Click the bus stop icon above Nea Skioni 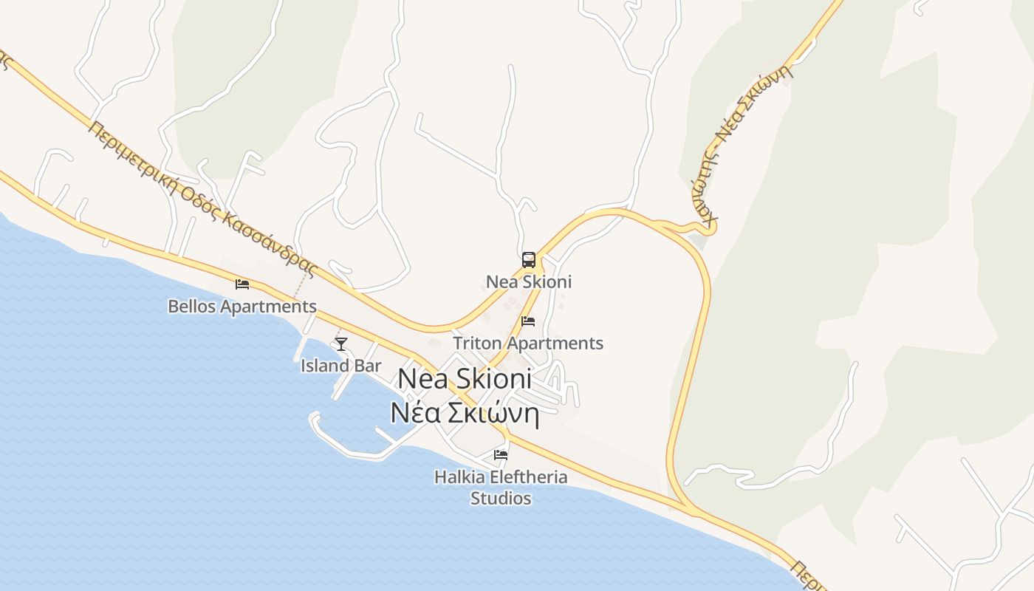pyautogui.click(x=529, y=259)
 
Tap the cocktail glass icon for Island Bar pyautogui.click(x=340, y=344)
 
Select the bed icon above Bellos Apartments pyautogui.click(x=242, y=284)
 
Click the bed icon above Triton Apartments pyautogui.click(x=528, y=321)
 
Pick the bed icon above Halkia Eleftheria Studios pyautogui.click(x=501, y=455)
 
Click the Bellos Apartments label pyautogui.click(x=242, y=306)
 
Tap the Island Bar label pyautogui.click(x=340, y=365)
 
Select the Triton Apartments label pyautogui.click(x=528, y=343)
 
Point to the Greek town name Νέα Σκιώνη pyautogui.click(x=465, y=414)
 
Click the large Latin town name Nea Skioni pyautogui.click(x=465, y=378)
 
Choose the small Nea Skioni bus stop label pyautogui.click(x=529, y=281)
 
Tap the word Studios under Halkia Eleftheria pyautogui.click(x=501, y=498)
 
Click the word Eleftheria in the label pyautogui.click(x=527, y=476)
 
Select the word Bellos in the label pyautogui.click(x=191, y=306)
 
